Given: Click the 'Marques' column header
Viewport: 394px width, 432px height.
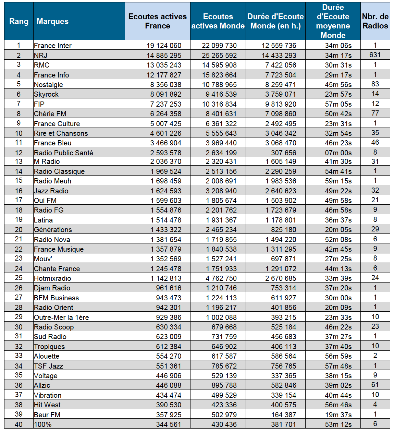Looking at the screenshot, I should point(52,21).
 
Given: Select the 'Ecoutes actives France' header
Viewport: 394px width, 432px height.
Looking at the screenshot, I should point(158,21).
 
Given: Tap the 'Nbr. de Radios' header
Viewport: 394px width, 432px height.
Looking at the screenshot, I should point(375,21).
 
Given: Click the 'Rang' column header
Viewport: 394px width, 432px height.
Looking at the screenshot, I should point(19,21).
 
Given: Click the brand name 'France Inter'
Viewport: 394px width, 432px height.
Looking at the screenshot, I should point(53,46).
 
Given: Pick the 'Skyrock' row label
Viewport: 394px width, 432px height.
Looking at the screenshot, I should point(46,94).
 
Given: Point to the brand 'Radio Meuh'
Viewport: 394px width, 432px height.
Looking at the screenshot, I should point(52,181).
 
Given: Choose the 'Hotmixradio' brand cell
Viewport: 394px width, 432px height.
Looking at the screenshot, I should point(52,278).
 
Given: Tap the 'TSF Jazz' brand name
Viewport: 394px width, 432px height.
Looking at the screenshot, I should point(48,366).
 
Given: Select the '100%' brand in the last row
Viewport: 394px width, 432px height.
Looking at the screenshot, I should point(43,424).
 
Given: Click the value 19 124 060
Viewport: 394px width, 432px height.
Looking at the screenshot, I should point(164,46).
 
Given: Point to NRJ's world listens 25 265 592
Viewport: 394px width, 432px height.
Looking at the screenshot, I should point(219,55).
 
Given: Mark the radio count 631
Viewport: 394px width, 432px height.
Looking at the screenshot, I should point(375,55).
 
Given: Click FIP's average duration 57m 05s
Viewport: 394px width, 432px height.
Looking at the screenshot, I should point(338,104).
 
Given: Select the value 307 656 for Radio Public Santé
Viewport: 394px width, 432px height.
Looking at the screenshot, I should point(284,153).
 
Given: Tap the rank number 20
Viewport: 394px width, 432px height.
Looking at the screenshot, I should point(19,230).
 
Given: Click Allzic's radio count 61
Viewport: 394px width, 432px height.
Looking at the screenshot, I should point(375,385).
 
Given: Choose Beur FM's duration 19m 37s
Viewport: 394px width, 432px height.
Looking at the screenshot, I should point(338,415).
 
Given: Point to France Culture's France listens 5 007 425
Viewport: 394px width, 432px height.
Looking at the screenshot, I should point(166,124).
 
